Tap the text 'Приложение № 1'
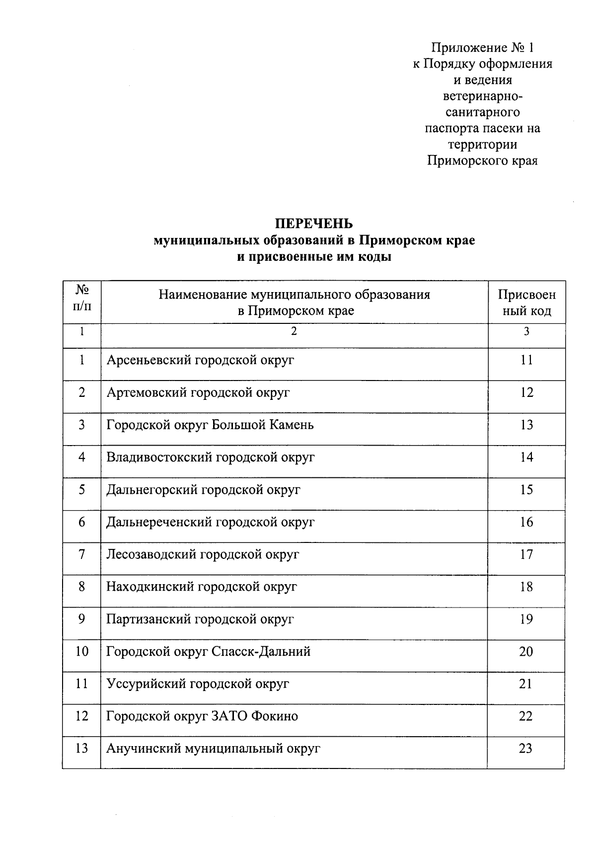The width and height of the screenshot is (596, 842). click(x=482, y=48)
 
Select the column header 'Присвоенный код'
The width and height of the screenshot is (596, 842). click(x=526, y=303)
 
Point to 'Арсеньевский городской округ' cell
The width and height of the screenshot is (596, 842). click(x=200, y=360)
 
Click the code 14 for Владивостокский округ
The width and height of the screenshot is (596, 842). click(x=526, y=457)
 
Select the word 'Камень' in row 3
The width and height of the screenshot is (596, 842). click(x=292, y=425)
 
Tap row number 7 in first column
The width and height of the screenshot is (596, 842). click(x=82, y=554)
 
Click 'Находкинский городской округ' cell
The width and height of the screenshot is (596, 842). click(x=202, y=587)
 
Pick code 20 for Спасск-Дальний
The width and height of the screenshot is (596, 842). click(x=526, y=651)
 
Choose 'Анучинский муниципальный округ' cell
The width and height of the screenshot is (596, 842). click(x=213, y=749)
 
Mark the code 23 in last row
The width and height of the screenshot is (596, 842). click(x=526, y=748)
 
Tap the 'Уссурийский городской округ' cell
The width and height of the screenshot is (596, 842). click(x=198, y=684)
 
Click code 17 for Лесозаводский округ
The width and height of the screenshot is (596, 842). click(x=526, y=554)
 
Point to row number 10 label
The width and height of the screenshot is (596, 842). click(x=82, y=651)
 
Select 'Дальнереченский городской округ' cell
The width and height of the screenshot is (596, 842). click(x=211, y=522)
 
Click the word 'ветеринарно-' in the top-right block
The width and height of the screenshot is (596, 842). click(x=482, y=96)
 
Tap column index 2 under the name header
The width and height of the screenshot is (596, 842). click(x=294, y=331)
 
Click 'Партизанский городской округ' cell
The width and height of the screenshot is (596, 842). click(x=200, y=619)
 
